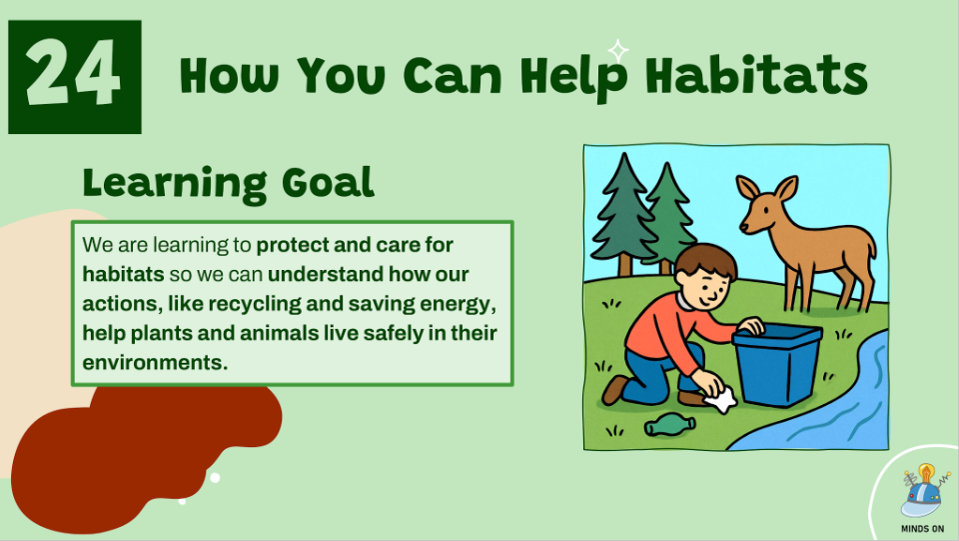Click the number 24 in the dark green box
pos(73,73)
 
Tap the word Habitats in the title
pos(756,75)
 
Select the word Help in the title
pos(574,77)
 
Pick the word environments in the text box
pos(155,362)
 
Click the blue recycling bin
pos(777,365)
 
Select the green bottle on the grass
pos(669,425)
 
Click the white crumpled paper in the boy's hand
pos(720,398)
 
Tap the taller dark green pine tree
pos(622,211)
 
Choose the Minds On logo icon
pos(923,491)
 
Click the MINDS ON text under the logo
pos(922,529)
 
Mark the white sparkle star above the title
pos(618,50)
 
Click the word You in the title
pos(343,76)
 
